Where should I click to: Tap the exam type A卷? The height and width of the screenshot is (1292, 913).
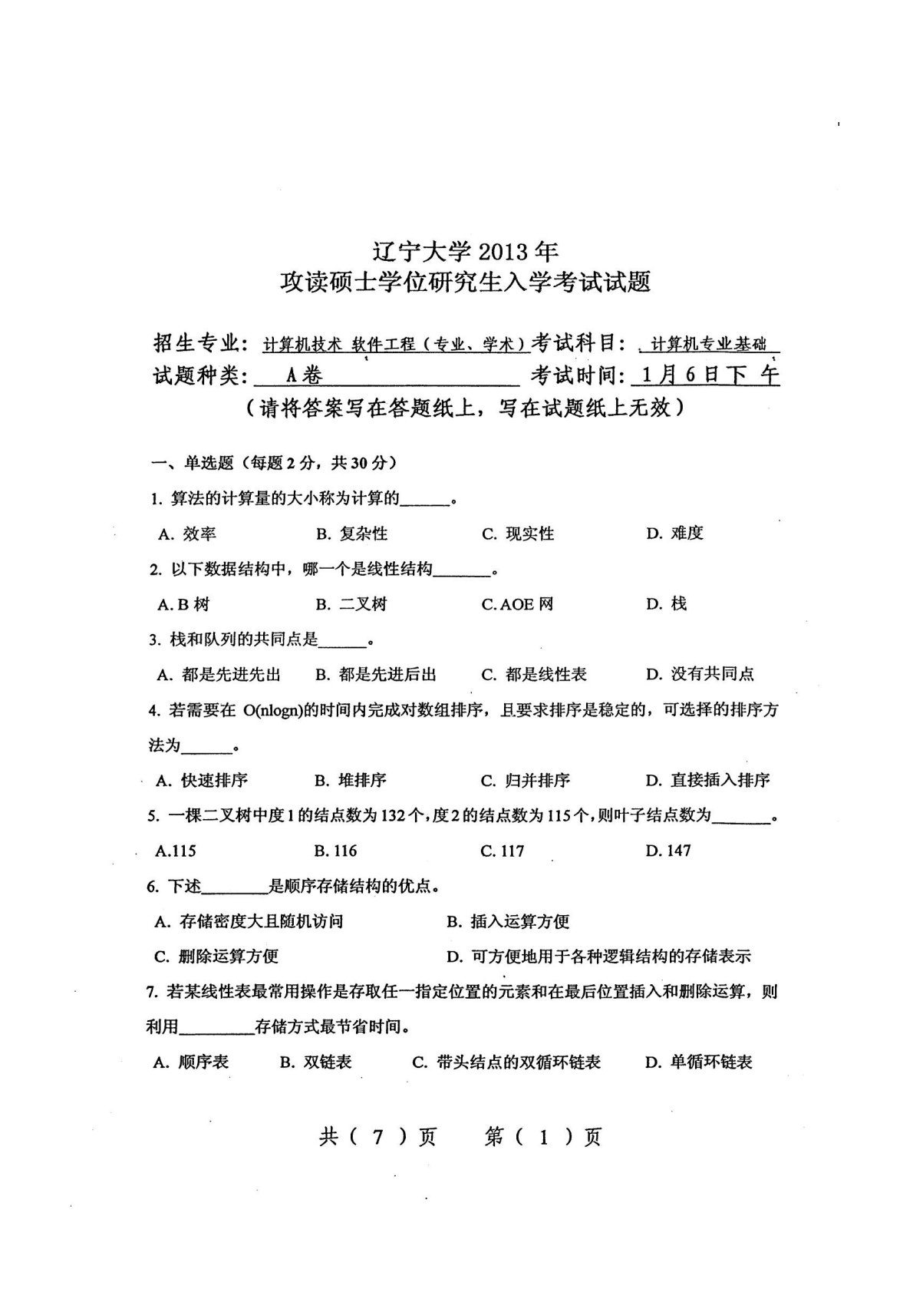point(303,375)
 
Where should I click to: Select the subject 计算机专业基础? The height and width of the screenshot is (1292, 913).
point(707,344)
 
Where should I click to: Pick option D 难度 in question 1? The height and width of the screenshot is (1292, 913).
point(674,533)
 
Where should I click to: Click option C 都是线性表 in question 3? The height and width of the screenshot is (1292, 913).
point(534,674)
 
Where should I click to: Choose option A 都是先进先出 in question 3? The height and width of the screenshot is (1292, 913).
point(219,674)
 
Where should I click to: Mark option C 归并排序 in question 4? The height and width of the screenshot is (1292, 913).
point(526,781)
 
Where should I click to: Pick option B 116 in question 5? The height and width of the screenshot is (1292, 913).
point(335,851)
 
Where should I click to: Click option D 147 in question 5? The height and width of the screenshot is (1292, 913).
point(668,851)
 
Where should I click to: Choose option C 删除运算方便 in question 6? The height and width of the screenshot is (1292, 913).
point(216,957)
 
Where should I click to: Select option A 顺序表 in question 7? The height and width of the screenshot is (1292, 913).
point(191,1062)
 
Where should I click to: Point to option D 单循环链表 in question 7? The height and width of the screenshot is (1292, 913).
point(699,1062)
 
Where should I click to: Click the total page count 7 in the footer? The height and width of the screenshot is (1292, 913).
point(377,1137)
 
